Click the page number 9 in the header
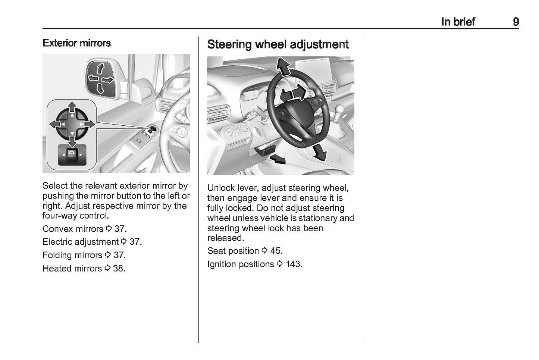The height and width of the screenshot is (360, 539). coord(516,22)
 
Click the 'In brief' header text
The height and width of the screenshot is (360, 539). coord(458,22)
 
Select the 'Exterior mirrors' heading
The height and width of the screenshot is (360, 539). coord(76,43)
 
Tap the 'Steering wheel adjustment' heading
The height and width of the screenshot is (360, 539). coord(278,44)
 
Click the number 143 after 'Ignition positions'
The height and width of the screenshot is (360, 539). coord(294,264)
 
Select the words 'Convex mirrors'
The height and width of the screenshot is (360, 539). coord(73,229)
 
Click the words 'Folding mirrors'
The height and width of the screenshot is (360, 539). coord(72,255)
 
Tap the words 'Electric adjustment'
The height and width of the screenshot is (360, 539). coord(80,242)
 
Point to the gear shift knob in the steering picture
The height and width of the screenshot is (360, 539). coord(340,111)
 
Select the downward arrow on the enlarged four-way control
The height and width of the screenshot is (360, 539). coord(72,140)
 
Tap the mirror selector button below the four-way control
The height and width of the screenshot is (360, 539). coord(72,154)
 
